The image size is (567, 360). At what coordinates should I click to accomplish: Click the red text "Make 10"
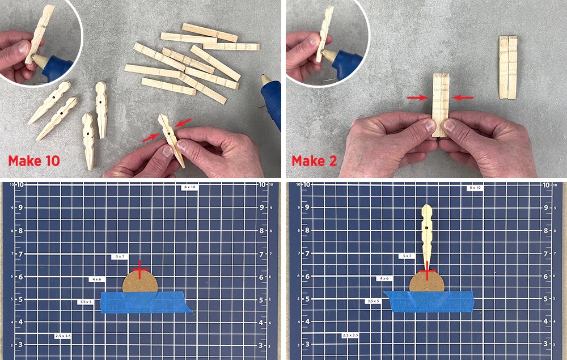(34, 161)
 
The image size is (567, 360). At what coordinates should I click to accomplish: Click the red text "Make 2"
(314, 161)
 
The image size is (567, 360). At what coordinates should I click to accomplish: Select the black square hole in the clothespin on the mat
(427, 228)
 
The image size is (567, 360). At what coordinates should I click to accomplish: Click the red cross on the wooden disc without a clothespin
(140, 269)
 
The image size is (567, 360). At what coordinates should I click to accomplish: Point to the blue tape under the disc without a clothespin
(146, 303)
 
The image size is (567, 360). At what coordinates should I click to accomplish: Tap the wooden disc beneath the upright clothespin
(427, 282)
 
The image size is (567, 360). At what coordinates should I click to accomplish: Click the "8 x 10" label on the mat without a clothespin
(189, 187)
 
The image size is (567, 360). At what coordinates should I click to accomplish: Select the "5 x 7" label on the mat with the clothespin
(407, 256)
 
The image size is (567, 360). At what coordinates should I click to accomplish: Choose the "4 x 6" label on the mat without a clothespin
(96, 279)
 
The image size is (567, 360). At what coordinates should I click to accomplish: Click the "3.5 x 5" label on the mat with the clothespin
(373, 300)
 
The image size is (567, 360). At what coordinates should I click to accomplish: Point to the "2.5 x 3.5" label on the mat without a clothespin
(63, 336)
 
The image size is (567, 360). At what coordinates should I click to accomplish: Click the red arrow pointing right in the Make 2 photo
(418, 98)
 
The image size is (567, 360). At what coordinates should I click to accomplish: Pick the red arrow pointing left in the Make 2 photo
(463, 98)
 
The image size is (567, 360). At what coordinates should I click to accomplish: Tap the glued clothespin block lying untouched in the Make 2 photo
(508, 67)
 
